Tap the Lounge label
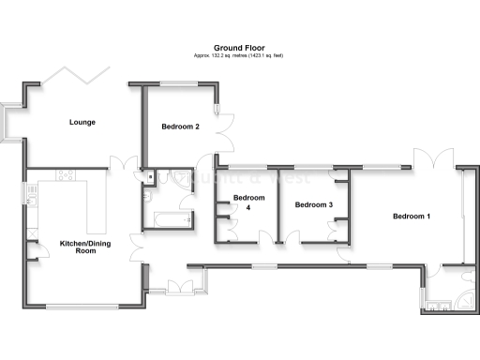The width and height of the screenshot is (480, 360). tap(82, 122)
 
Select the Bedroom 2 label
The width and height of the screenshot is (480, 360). tap(180, 127)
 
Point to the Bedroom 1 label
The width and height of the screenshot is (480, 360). tap(411, 217)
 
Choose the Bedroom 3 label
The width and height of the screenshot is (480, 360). tap(314, 204)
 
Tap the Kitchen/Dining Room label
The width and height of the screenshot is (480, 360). tap(79, 247)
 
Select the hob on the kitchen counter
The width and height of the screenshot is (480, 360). tap(67, 175)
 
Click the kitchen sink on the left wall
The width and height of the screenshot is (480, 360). tap(31, 196)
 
